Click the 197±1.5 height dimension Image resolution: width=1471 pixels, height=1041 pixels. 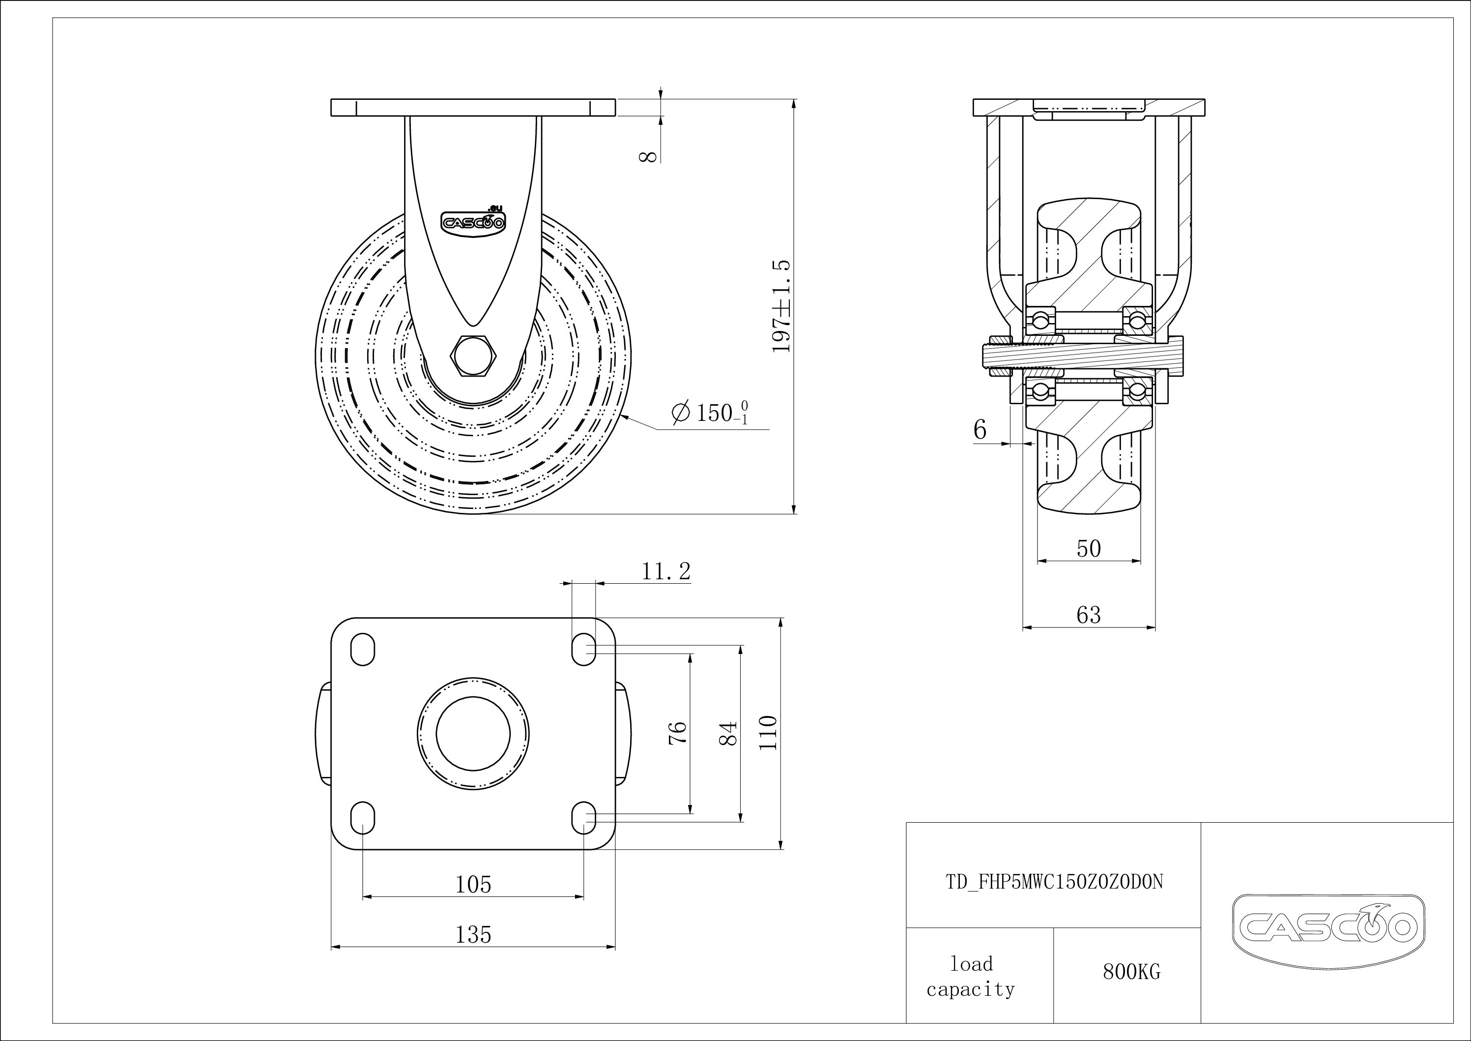click(x=782, y=306)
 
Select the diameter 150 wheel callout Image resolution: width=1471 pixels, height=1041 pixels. click(x=710, y=412)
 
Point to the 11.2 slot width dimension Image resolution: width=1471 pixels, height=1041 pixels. click(x=666, y=571)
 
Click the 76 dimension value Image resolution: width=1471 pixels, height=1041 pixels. click(x=677, y=732)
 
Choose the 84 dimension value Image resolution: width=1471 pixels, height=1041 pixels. click(x=728, y=733)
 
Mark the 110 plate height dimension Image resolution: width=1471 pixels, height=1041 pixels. click(x=768, y=733)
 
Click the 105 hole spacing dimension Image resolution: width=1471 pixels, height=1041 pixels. click(x=473, y=885)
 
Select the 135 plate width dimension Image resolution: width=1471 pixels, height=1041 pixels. click(x=473, y=935)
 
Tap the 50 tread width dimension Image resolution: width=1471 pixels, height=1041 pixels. click(x=1089, y=549)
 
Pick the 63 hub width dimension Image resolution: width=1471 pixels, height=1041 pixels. click(x=1089, y=615)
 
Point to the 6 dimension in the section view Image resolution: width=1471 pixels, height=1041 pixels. click(x=980, y=429)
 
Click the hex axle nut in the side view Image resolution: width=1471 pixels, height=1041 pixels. click(x=473, y=355)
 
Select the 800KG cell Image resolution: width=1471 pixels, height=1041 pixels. click(x=1131, y=973)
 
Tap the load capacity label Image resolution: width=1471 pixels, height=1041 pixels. click(x=971, y=977)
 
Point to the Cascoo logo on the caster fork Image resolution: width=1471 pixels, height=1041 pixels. click(x=473, y=221)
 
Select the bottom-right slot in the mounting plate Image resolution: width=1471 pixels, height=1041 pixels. click(x=584, y=817)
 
